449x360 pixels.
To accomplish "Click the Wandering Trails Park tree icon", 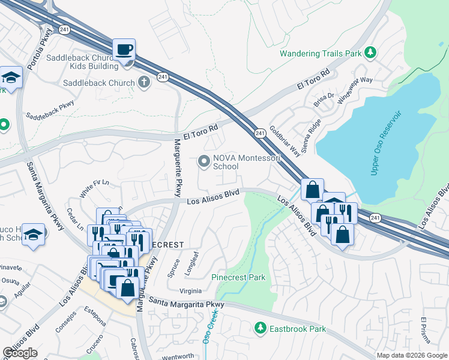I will [x=371, y=53].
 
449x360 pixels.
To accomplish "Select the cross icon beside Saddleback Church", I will [x=143, y=82].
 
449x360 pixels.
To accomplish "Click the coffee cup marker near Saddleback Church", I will [x=124, y=50].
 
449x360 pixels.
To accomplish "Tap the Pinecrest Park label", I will [x=238, y=278].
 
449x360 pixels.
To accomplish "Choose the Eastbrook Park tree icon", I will [x=260, y=328].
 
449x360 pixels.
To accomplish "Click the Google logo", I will [x=20, y=353].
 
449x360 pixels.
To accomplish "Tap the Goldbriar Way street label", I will [x=285, y=141].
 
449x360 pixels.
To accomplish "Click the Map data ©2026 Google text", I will [x=412, y=355].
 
